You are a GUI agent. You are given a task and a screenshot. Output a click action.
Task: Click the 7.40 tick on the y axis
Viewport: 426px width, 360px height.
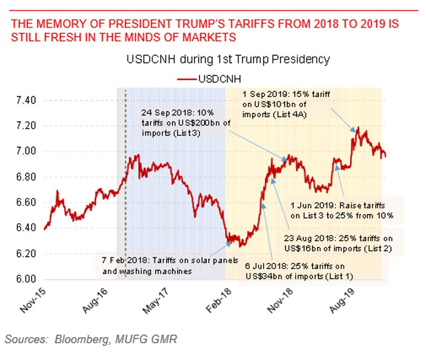click(25, 100)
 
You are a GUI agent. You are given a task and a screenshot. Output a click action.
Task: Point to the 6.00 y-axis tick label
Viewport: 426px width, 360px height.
click(25, 279)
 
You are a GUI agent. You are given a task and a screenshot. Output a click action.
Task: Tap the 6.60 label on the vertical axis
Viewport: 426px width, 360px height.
click(25, 203)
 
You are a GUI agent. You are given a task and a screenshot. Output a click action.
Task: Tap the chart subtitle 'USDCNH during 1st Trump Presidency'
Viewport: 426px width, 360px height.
click(228, 60)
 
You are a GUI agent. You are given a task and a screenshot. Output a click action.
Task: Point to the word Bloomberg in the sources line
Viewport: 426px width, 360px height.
click(81, 339)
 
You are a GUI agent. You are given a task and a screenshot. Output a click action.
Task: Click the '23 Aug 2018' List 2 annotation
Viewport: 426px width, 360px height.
click(338, 244)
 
